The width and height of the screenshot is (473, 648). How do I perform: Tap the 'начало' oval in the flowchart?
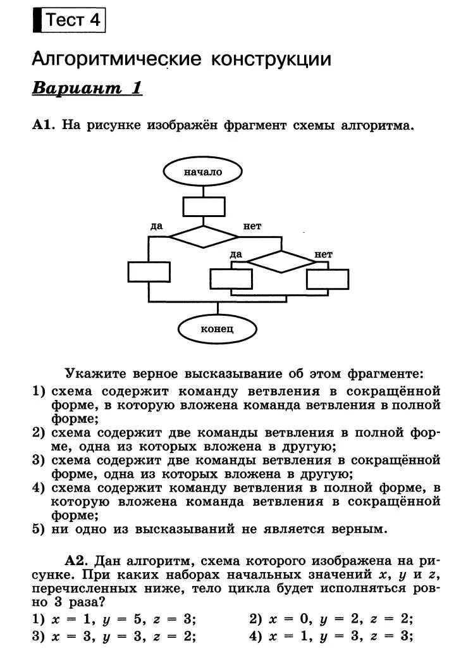click(x=203, y=171)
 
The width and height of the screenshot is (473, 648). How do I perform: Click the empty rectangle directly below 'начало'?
click(x=204, y=206)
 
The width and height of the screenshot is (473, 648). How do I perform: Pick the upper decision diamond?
click(x=203, y=236)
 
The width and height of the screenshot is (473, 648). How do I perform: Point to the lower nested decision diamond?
click(x=279, y=261)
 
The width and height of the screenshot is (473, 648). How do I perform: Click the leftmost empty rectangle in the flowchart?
click(x=149, y=271)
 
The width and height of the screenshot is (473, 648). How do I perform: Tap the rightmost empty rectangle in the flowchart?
click(x=327, y=279)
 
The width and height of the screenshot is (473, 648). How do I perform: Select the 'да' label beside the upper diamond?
click(x=157, y=226)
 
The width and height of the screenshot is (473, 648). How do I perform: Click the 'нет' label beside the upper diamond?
click(x=252, y=226)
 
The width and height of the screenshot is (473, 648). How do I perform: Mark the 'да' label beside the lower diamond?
click(x=236, y=254)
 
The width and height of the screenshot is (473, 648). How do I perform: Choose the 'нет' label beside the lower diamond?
click(x=323, y=254)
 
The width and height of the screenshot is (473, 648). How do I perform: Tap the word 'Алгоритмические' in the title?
click(x=116, y=59)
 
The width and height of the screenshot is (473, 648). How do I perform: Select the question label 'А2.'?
click(x=77, y=561)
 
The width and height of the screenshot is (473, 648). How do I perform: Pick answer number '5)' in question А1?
click(x=39, y=529)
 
